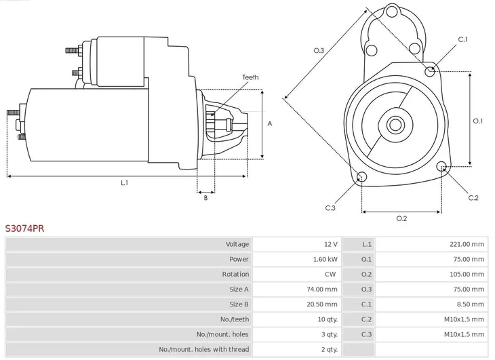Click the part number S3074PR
(x=25, y=228)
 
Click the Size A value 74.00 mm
(x=322, y=289)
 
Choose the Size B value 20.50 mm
(x=322, y=304)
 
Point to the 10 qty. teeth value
(x=326, y=319)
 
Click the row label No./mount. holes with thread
(x=203, y=349)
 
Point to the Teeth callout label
(x=250, y=78)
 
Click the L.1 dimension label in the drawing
(x=125, y=182)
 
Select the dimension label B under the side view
(x=205, y=197)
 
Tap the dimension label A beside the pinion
(x=270, y=123)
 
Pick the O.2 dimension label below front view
(x=401, y=218)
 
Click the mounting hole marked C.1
(x=430, y=71)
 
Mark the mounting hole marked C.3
(x=361, y=178)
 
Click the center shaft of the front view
(x=395, y=125)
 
